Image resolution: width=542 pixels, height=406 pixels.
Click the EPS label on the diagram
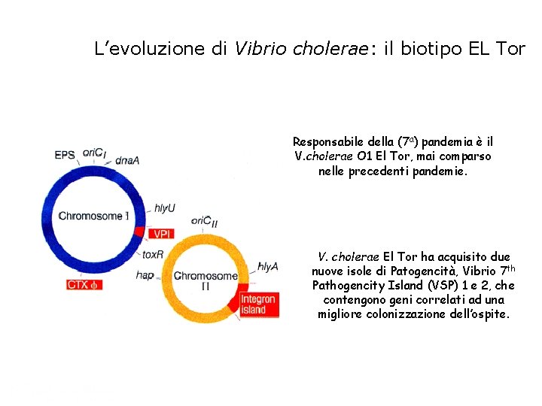click(65, 156)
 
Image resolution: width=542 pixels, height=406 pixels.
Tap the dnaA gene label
click(126, 159)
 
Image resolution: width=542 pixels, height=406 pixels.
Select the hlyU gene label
click(165, 208)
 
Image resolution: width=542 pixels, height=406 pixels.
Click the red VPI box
click(163, 234)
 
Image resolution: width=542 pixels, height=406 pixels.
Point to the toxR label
click(153, 254)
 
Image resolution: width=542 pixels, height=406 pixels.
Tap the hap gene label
click(145, 275)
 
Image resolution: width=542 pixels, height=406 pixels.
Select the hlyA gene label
click(268, 266)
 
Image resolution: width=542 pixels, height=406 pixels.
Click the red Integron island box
click(258, 304)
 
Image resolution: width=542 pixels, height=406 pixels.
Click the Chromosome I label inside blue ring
click(93, 216)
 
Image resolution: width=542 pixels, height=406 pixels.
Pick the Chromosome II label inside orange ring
click(206, 280)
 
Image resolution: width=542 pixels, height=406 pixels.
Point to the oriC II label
click(204, 221)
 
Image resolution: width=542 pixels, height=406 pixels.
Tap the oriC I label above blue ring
click(95, 153)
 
